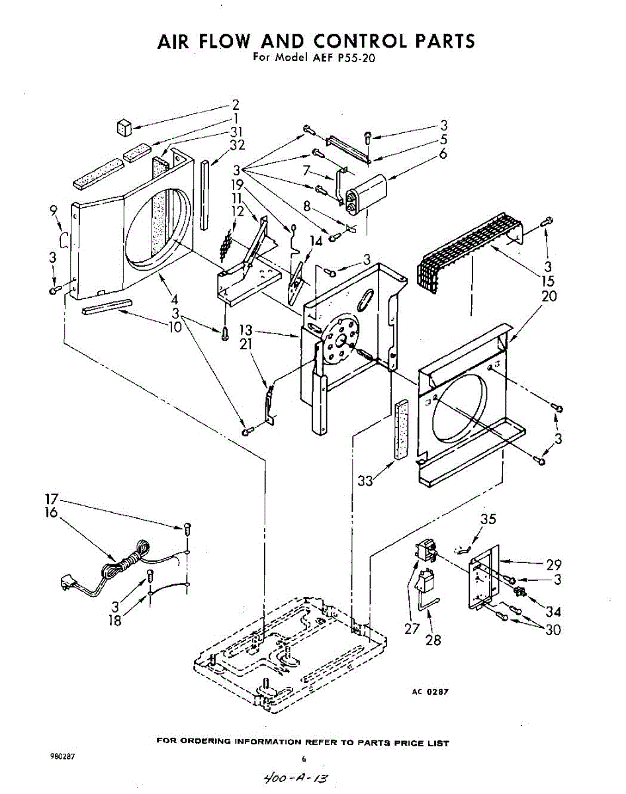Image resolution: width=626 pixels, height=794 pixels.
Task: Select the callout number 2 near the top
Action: [x=235, y=104]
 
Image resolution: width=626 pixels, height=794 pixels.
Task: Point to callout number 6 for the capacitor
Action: [x=443, y=154]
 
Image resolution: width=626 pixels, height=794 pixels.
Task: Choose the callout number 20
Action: [x=549, y=296]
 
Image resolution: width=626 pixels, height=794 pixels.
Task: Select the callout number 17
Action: [x=52, y=498]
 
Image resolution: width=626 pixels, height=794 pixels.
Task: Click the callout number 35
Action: [x=488, y=519]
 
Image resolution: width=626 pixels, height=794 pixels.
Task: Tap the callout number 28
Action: [x=433, y=640]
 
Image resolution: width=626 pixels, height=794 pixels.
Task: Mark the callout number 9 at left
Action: [x=54, y=212]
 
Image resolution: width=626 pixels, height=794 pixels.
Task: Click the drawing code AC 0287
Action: [x=430, y=691]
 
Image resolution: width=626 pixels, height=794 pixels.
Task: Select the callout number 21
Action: [x=246, y=343]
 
